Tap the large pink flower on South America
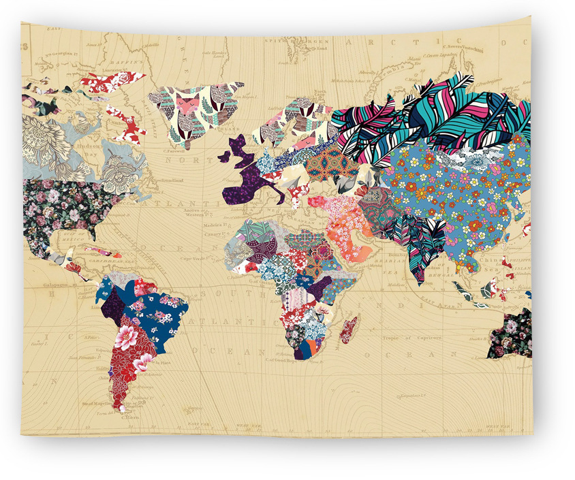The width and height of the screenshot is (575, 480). coord(127,336)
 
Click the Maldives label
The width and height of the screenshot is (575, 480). coord(390,285)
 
